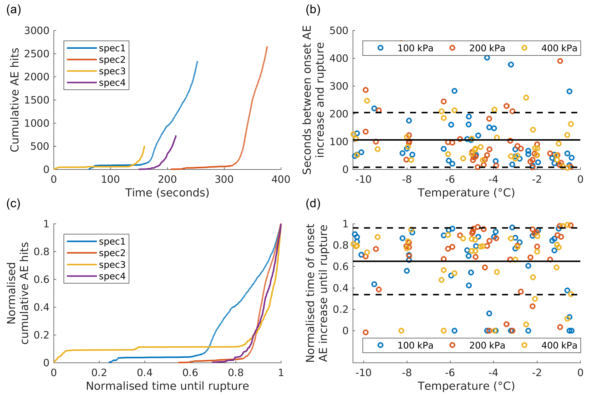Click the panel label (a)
click(14, 10)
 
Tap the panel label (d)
click(313, 203)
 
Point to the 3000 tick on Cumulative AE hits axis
click(37, 31)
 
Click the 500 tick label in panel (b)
click(339, 31)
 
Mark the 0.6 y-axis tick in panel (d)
click(341, 267)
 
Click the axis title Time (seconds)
click(167, 193)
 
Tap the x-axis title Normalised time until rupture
click(167, 386)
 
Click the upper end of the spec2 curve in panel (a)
click(267, 47)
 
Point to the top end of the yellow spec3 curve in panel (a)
click(144, 146)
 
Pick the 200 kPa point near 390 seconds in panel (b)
click(560, 61)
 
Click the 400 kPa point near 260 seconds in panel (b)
click(526, 97)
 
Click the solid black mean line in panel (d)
click(466, 261)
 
